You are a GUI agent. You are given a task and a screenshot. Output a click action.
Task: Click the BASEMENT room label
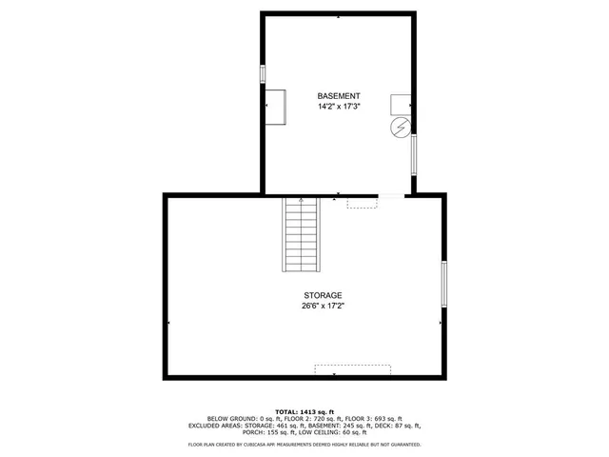tap(339, 96)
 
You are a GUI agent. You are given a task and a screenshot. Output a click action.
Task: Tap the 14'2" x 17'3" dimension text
tap(339, 107)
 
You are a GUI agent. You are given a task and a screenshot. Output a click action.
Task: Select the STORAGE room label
tap(324, 295)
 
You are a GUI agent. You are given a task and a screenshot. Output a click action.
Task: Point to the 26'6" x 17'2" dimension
tap(324, 306)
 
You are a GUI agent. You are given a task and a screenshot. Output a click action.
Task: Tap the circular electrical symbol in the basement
tap(401, 127)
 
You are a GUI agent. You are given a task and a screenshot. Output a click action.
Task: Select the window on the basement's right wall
tap(413, 153)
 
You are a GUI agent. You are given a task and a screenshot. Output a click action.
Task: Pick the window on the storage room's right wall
tap(443, 284)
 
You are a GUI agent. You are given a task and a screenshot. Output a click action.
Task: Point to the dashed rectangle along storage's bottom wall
tap(353, 369)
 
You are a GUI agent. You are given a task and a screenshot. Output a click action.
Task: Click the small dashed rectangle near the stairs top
tap(362, 203)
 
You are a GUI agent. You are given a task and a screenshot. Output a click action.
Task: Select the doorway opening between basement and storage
tap(391, 196)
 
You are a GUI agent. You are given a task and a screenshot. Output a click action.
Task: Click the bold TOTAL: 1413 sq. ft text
tap(306, 410)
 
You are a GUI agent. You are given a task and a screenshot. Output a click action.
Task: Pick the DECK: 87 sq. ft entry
tap(400, 426)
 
